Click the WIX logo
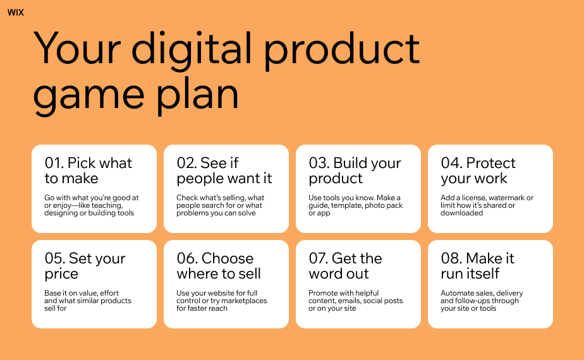[x=16, y=13]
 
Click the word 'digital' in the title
[x=192, y=51]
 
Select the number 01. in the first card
[x=54, y=163]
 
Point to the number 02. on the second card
[x=186, y=163]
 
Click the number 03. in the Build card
[x=319, y=163]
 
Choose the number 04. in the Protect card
[x=451, y=163]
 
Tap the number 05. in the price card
[x=55, y=258]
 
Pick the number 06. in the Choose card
[x=187, y=258]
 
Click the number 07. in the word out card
[x=319, y=258]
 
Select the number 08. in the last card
[x=451, y=258]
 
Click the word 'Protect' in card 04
[x=491, y=163]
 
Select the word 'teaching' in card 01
[x=108, y=205]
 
